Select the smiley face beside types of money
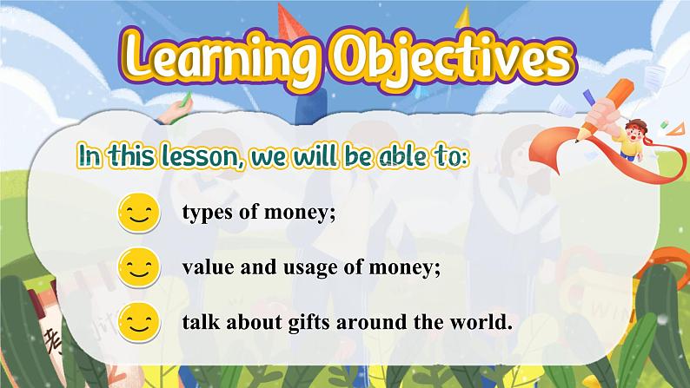139,214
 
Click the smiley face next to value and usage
139,267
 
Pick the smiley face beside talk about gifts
139,323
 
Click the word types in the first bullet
208,214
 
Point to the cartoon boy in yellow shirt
633,140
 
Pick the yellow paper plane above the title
463,16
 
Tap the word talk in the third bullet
201,322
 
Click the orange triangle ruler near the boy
676,129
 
